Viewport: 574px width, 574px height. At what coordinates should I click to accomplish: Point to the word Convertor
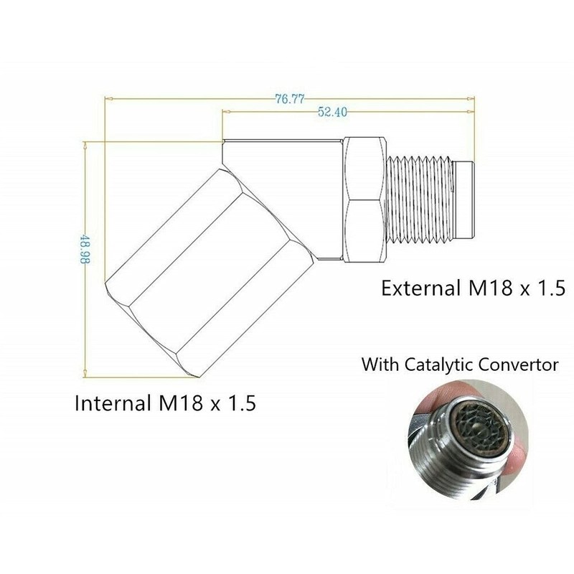tap(520, 364)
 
